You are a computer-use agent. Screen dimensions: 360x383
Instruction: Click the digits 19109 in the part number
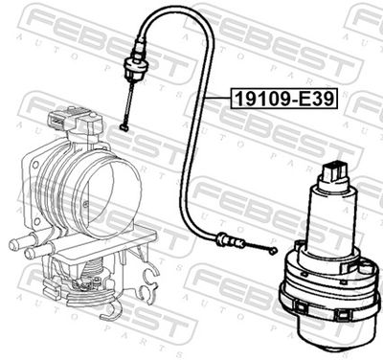point(253,97)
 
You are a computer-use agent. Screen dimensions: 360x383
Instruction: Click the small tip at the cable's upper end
point(125,125)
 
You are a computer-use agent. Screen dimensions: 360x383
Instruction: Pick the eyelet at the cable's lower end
point(272,251)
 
